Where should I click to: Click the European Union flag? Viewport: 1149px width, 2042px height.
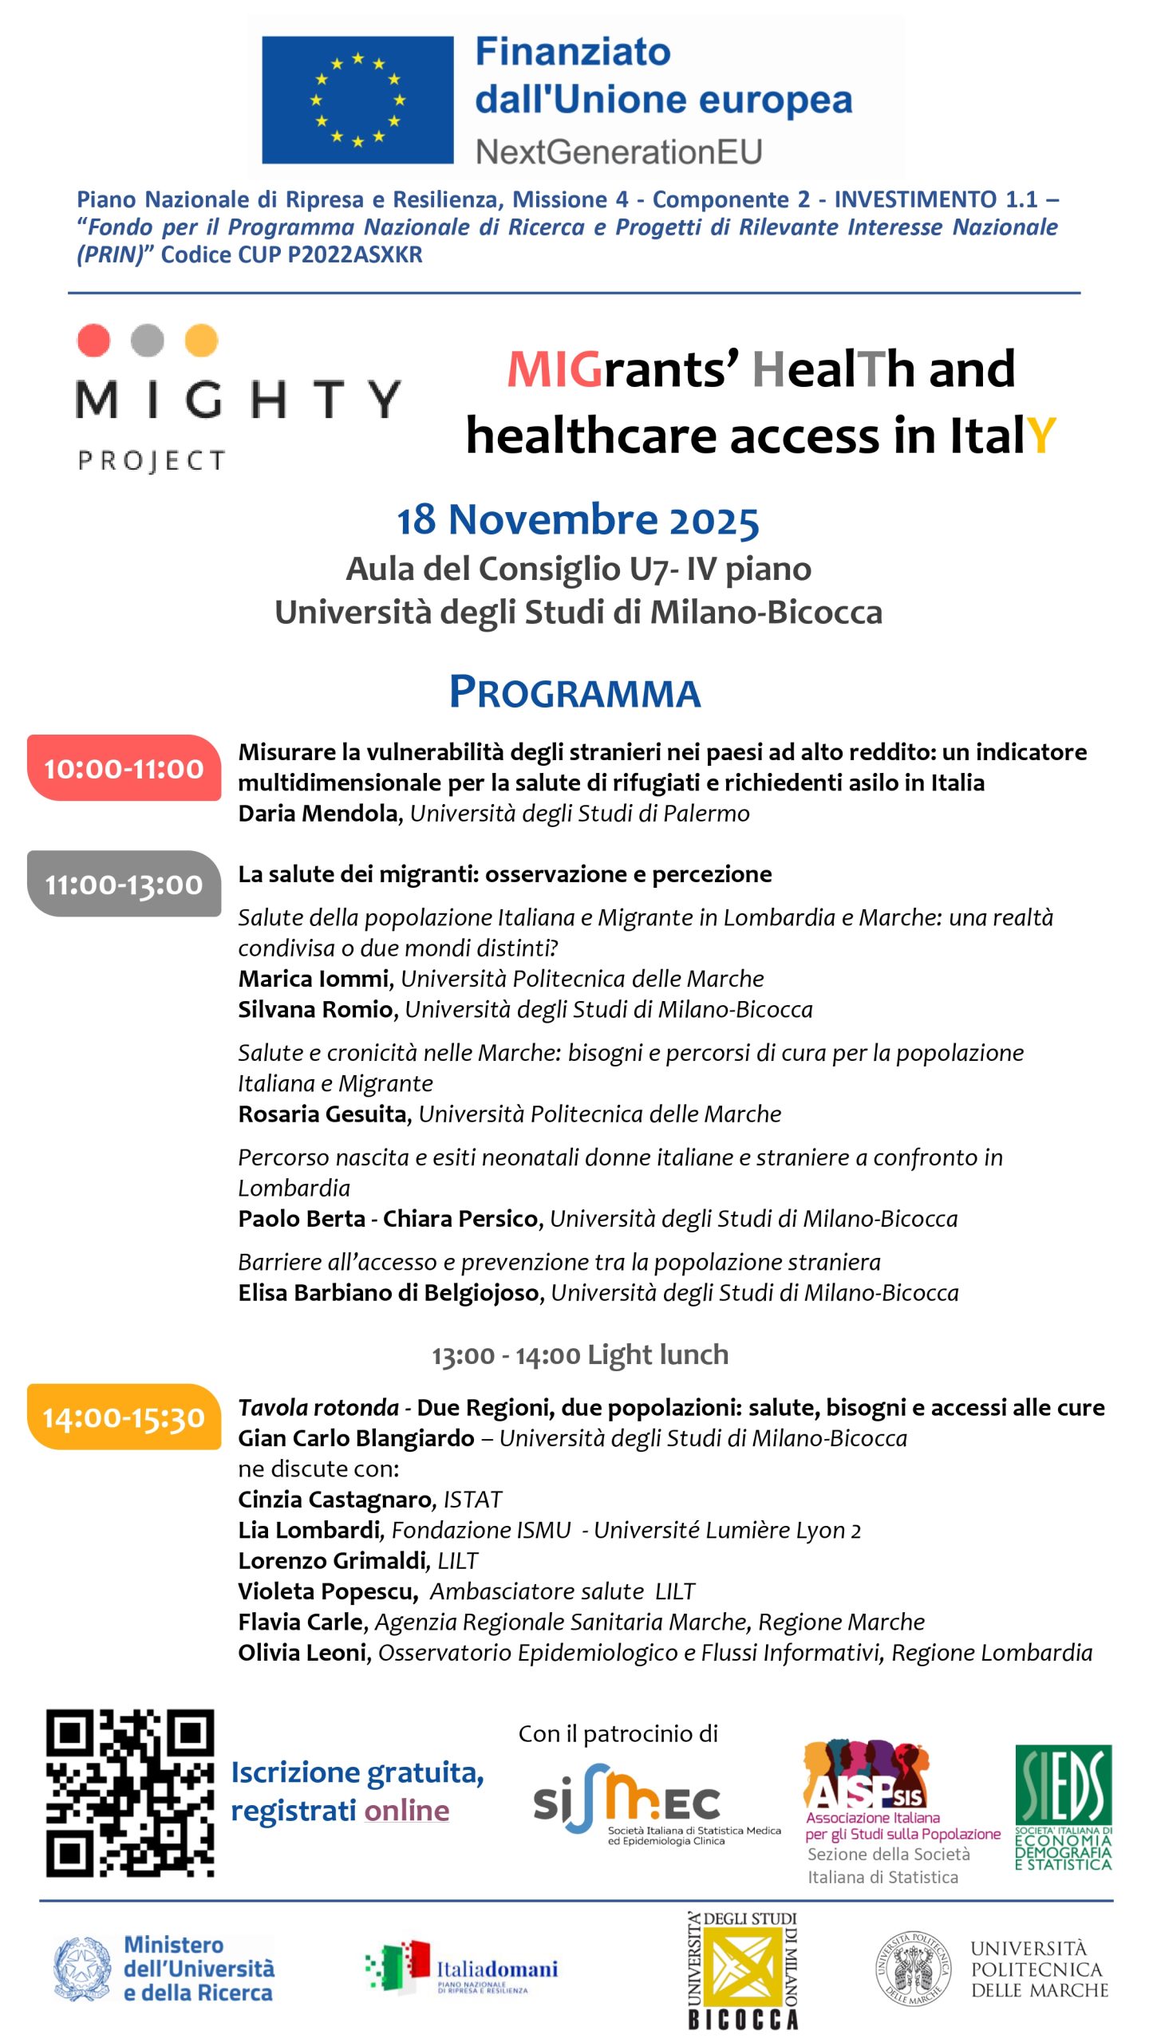click(357, 101)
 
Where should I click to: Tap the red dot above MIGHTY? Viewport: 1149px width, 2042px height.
click(93, 340)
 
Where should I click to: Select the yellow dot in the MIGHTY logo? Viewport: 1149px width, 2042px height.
click(201, 340)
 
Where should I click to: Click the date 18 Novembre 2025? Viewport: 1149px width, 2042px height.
click(578, 520)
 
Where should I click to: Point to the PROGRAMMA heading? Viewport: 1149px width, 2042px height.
click(574, 692)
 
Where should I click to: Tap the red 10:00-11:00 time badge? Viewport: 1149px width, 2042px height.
click(124, 768)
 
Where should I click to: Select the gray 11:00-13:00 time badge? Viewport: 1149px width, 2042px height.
click(124, 884)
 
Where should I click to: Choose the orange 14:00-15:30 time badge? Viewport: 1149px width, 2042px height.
click(124, 1417)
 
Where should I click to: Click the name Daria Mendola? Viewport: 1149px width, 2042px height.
click(318, 814)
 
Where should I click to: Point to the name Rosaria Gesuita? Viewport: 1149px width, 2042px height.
click(322, 1114)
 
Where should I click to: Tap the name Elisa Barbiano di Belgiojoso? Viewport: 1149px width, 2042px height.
click(389, 1292)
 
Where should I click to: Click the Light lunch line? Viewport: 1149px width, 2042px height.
click(580, 1355)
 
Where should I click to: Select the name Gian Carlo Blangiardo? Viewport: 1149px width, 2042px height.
click(356, 1438)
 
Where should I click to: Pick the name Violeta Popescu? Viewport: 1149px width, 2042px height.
click(326, 1591)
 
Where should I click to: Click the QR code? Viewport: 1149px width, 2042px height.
click(130, 1792)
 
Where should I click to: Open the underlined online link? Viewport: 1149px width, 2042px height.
click(406, 1811)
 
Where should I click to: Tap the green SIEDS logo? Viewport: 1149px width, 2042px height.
click(1063, 1807)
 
